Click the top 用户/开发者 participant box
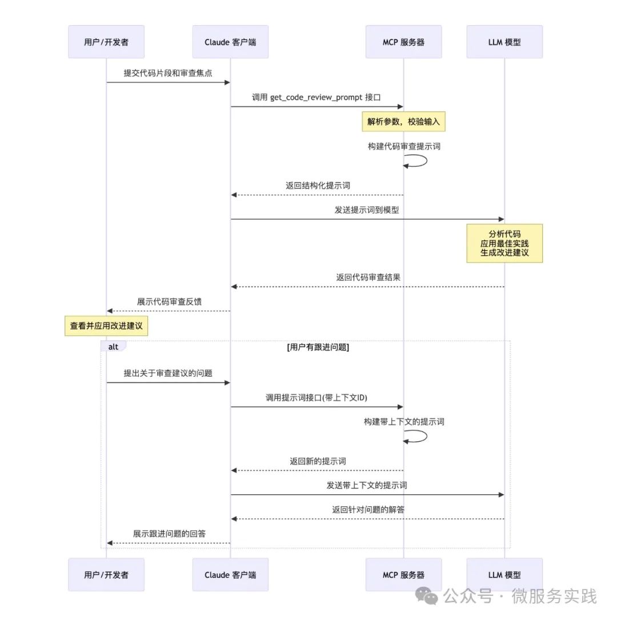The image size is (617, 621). [106, 42]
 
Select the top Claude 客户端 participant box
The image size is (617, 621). [230, 42]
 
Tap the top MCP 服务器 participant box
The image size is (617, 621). [404, 42]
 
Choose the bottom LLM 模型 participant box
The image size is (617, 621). [504, 575]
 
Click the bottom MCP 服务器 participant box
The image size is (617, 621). [404, 575]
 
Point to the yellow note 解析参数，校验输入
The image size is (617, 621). [404, 122]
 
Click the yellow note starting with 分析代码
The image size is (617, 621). [504, 243]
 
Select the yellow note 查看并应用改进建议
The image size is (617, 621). [106, 326]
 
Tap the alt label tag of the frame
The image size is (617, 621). [114, 346]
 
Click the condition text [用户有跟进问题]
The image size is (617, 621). [318, 348]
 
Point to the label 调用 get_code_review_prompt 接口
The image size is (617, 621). [316, 98]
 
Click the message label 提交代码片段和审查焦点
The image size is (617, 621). [168, 73]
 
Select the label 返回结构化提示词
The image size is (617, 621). [318, 186]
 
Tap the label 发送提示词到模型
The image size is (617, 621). [367, 210]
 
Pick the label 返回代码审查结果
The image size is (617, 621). [368, 277]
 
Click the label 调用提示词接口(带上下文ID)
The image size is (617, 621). [316, 398]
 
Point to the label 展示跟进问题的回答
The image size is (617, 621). [169, 534]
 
